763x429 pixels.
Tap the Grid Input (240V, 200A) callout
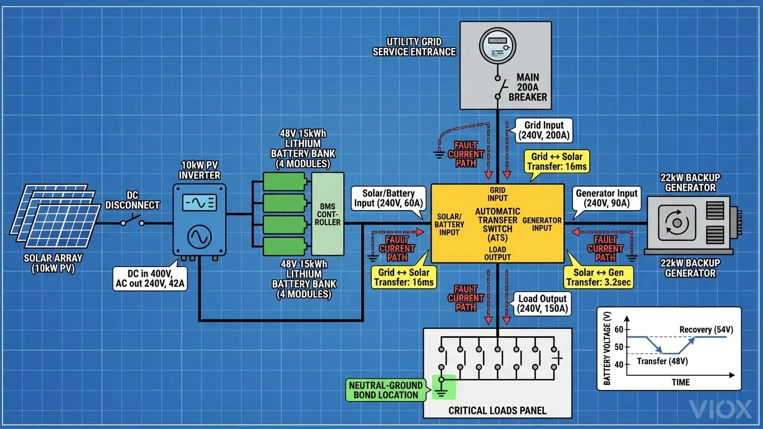pos(543,130)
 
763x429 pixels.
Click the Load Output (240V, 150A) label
pos(543,303)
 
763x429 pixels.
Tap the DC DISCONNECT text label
pos(132,200)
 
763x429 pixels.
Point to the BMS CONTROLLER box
pos(327,214)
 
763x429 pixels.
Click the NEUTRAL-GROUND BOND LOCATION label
pos(385,390)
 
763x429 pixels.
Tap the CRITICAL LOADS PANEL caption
pos(497,411)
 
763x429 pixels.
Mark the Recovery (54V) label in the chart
pos(703,330)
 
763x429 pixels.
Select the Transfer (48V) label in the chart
pos(662,361)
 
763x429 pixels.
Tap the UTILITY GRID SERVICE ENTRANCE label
pos(414,47)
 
